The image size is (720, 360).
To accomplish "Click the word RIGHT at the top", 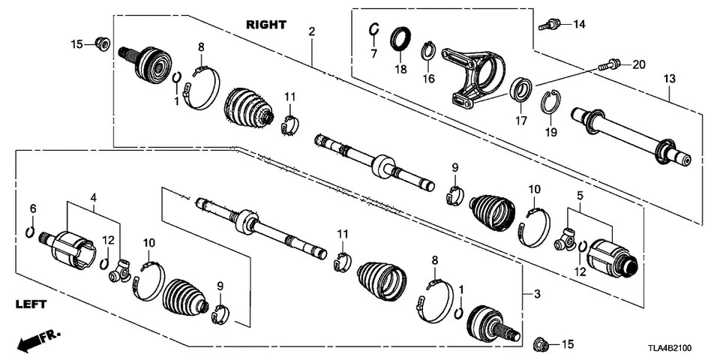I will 265,25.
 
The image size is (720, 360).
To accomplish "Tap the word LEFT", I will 31,304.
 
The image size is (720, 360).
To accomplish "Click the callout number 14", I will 578,25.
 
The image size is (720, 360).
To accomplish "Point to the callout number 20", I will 637,65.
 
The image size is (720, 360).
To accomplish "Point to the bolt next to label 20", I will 609,65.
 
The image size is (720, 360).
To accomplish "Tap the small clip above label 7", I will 373,30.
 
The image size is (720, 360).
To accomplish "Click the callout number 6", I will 32,207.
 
